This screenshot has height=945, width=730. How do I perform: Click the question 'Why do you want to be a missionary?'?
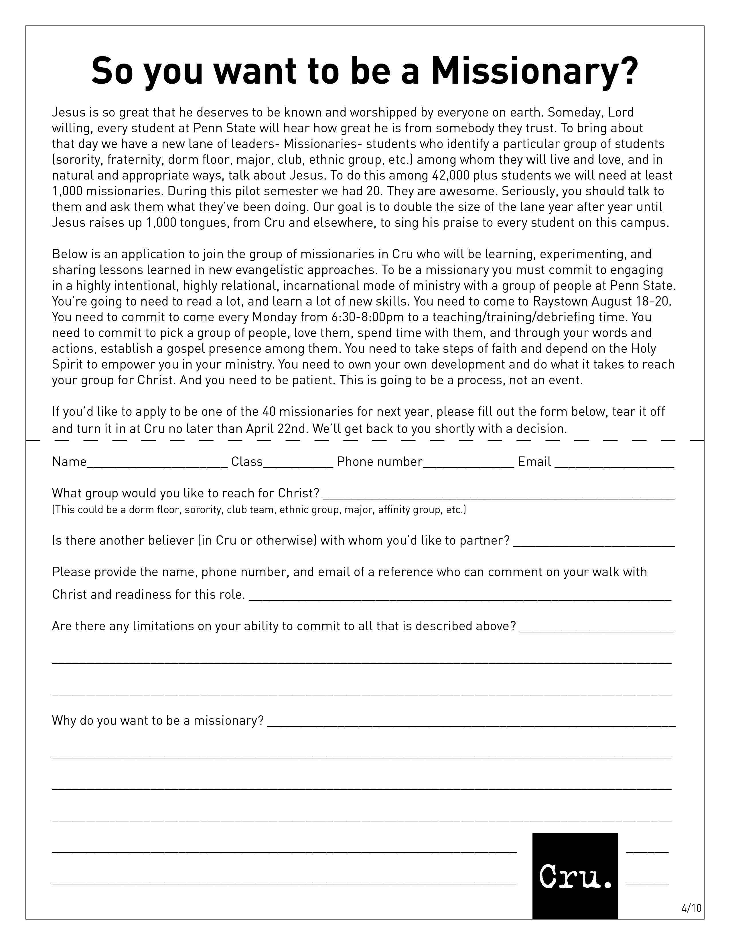click(x=158, y=720)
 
